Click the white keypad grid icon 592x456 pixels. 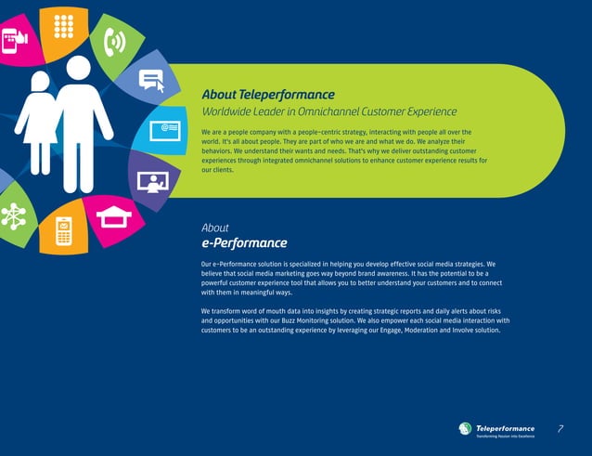click(x=63, y=27)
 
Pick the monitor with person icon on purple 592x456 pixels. click(x=150, y=180)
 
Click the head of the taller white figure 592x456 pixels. click(x=79, y=68)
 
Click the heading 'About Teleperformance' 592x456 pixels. click(x=268, y=96)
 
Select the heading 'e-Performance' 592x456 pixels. click(x=244, y=243)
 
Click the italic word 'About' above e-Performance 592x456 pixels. click(x=214, y=228)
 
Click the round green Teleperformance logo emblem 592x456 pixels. click(x=465, y=428)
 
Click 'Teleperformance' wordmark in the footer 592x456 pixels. click(x=505, y=427)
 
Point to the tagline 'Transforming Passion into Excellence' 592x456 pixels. click(x=505, y=436)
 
